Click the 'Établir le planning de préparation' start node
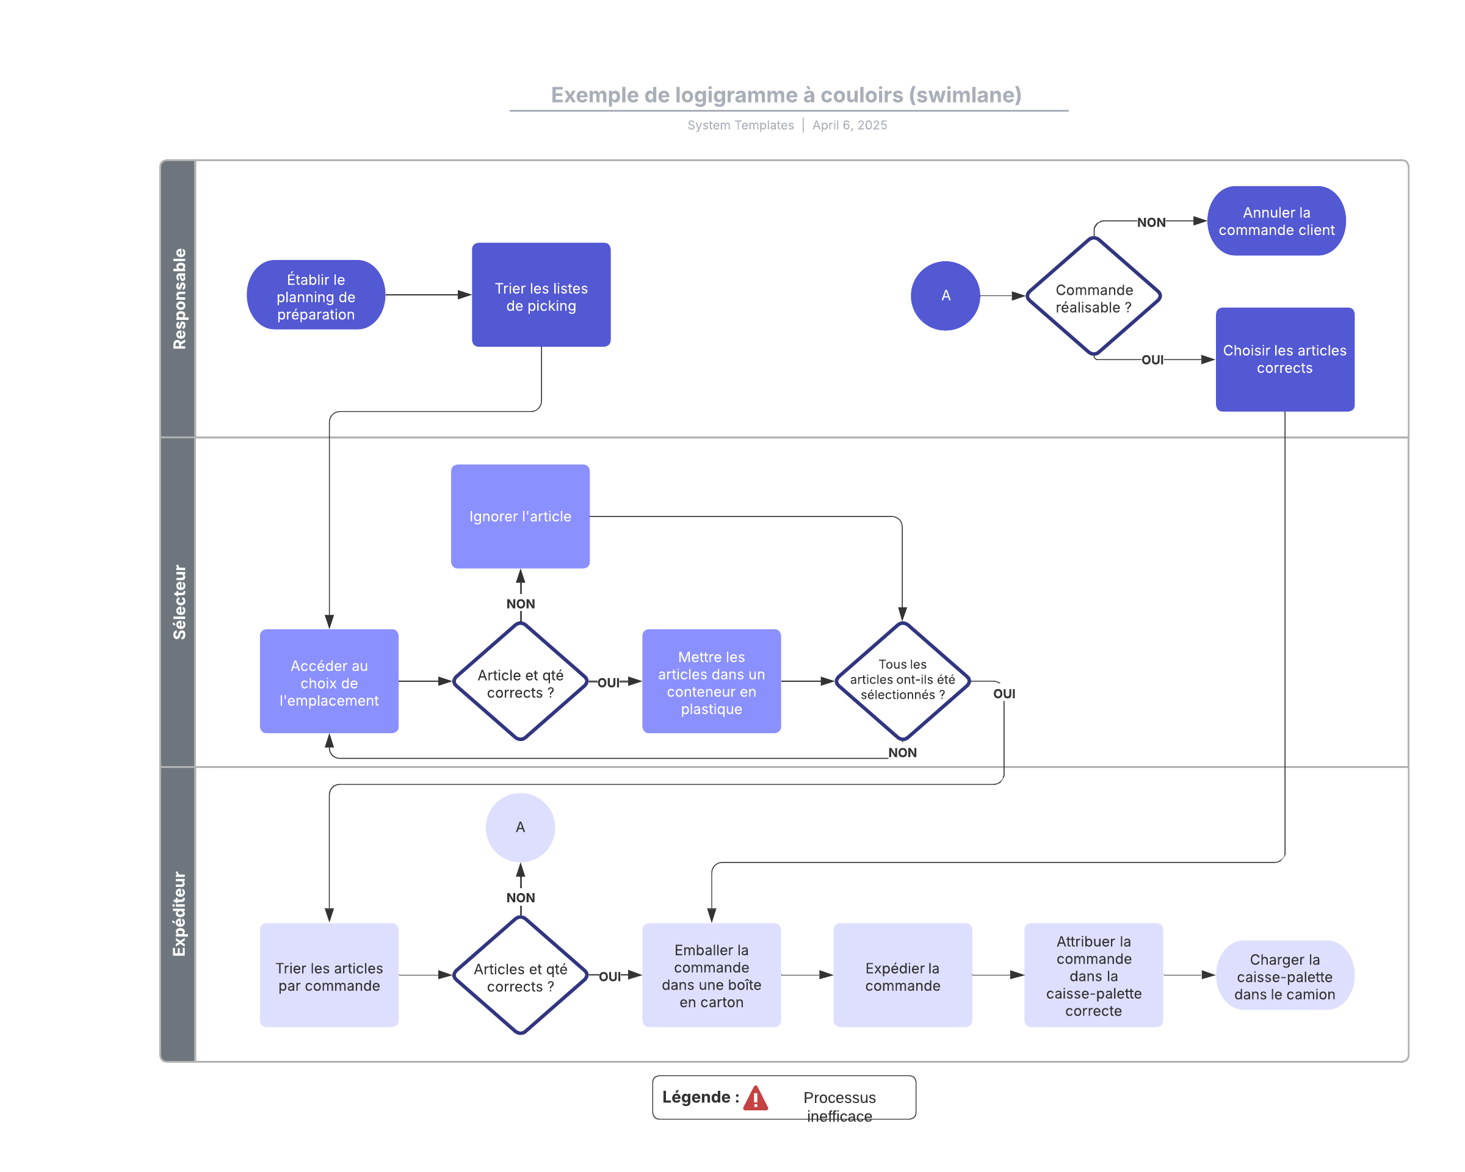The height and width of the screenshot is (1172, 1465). point(316,295)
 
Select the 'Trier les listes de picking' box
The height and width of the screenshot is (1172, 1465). point(541,295)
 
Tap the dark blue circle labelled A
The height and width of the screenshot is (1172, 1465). point(945,295)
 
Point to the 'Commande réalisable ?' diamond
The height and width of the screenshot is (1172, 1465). point(1093,296)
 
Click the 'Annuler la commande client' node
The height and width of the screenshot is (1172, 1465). point(1276,221)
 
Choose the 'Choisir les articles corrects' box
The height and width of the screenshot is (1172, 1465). point(1285,360)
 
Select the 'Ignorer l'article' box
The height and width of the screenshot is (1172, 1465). point(521,516)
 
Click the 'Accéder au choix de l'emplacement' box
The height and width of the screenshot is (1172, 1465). point(329,681)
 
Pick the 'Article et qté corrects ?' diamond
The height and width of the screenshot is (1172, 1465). point(521,681)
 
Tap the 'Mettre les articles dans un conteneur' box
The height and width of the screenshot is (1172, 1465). point(711,681)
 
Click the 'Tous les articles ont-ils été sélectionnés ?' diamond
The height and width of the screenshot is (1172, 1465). point(902,681)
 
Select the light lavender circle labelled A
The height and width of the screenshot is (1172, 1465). point(521,828)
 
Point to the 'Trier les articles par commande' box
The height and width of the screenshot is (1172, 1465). point(329,975)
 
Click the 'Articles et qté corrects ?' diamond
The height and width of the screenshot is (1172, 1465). point(521,975)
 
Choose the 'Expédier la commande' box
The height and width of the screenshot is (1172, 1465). point(902,975)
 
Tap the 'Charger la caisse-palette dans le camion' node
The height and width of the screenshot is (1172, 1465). point(1285,975)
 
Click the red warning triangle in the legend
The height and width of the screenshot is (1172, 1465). point(755,1098)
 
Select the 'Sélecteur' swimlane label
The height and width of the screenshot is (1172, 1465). point(179,602)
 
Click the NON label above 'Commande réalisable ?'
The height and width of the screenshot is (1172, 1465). point(1151,222)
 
